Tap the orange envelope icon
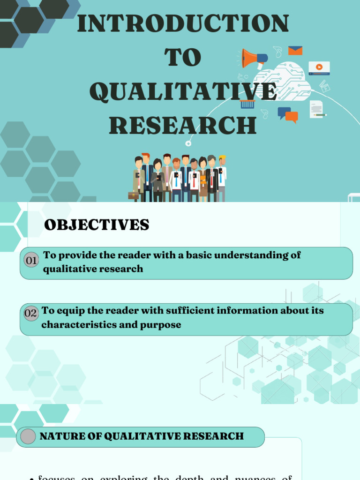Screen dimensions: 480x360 click(x=295, y=51)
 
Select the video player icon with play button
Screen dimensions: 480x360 click(x=319, y=68)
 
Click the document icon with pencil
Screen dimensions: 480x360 click(x=317, y=109)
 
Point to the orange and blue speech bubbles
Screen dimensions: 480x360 click(x=287, y=114)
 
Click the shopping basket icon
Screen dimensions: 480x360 click(x=247, y=104)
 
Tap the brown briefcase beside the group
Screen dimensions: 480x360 click(x=133, y=195)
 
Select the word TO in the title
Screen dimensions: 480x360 click(x=183, y=58)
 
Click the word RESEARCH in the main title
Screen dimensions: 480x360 click(x=183, y=126)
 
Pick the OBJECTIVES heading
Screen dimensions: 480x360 click(x=97, y=225)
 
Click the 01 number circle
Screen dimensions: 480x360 click(x=31, y=260)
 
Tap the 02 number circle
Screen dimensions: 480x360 click(x=30, y=314)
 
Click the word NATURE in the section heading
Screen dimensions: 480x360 click(x=56, y=436)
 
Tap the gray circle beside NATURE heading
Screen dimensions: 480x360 click(x=28, y=436)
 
